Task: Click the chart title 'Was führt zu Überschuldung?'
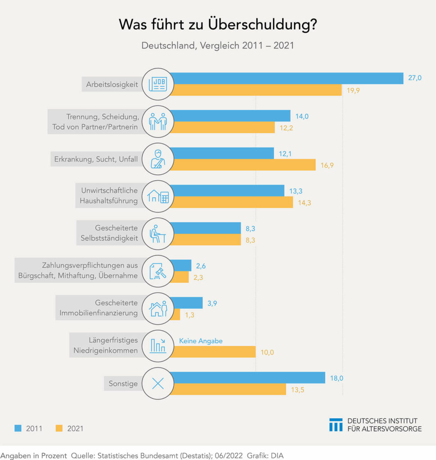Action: point(218,25)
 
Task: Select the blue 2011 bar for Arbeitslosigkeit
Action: point(286,78)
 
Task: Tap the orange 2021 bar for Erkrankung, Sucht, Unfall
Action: point(243,165)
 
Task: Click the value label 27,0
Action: point(414,78)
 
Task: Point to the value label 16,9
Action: point(327,165)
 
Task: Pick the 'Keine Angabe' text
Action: point(201,341)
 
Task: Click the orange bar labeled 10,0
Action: point(213,352)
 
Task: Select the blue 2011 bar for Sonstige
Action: point(247,378)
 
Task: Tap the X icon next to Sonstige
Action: point(157,384)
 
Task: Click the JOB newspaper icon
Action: point(157,84)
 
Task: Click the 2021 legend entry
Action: point(69,429)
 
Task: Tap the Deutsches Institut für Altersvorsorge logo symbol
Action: point(336,425)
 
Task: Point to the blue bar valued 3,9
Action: point(187,303)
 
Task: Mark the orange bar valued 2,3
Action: point(180,277)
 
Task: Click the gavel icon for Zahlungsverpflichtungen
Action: point(157,271)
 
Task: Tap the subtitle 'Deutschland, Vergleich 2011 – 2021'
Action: point(218,46)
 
